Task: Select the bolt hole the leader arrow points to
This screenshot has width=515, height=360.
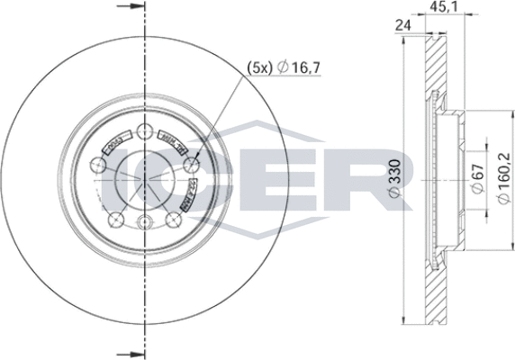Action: [191, 165]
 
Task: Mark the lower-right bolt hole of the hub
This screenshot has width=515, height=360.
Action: [173, 219]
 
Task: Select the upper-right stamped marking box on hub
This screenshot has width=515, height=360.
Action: [171, 143]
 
